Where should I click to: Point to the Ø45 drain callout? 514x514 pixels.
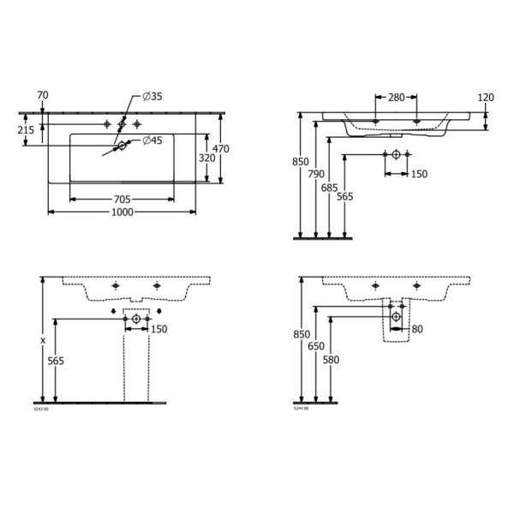pyautogui.click(x=152, y=140)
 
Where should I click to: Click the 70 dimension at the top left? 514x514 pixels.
pyautogui.click(x=43, y=95)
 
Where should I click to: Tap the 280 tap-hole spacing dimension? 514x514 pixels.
pyautogui.click(x=396, y=97)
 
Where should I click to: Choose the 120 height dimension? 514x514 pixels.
pyautogui.click(x=487, y=97)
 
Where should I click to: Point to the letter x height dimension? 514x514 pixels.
pyautogui.click(x=43, y=339)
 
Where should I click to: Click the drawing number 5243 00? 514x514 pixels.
pyautogui.click(x=41, y=410)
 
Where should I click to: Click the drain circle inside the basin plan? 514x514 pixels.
pyautogui.click(x=122, y=146)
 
